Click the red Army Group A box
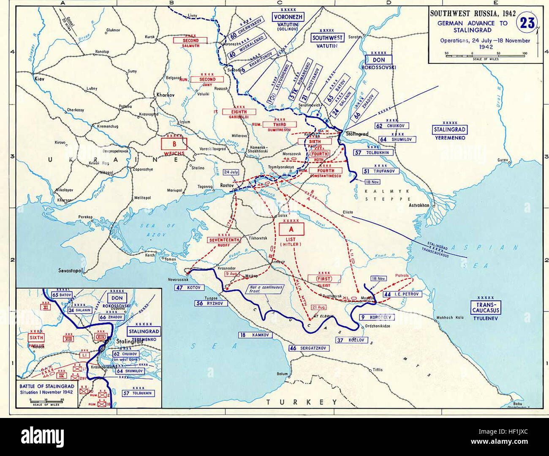click(x=291, y=229)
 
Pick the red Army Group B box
click(x=174, y=144)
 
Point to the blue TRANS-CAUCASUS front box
click(x=485, y=307)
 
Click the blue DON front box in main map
click(x=379, y=60)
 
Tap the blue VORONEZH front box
click(x=288, y=17)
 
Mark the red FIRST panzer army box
click(x=324, y=279)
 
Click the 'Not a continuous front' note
click(x=266, y=289)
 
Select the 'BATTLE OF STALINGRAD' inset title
click(x=47, y=386)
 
